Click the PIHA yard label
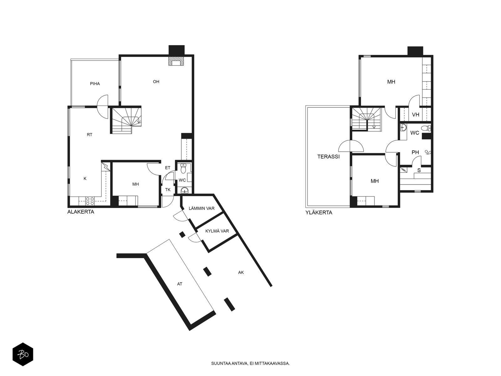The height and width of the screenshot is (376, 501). coord(95,84)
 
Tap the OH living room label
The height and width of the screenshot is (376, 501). coord(156,81)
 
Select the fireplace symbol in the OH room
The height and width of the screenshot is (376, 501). coord(176,61)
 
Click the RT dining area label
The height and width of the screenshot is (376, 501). coord(90,135)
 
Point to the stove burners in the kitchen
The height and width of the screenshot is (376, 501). coord(90,201)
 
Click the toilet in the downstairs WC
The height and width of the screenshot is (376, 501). coord(183,168)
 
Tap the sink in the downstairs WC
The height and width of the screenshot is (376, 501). coord(184,191)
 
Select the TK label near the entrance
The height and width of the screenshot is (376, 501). coord(168,190)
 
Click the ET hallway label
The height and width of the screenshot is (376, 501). coord(168,168)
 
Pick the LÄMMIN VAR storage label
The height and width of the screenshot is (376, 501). coord(202,208)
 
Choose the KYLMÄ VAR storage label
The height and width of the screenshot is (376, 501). coord(217,231)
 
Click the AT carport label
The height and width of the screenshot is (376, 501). coord(180,284)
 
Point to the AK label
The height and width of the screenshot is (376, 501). coord(241,272)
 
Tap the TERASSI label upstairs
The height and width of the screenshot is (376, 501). coord(328,157)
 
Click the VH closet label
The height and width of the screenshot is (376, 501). coord(416,115)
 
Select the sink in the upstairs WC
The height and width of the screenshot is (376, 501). coord(403,128)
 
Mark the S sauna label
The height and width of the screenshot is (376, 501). coord(419,170)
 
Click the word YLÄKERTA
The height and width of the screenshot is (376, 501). coord(319,213)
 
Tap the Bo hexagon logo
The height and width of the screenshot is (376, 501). coord(23,354)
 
